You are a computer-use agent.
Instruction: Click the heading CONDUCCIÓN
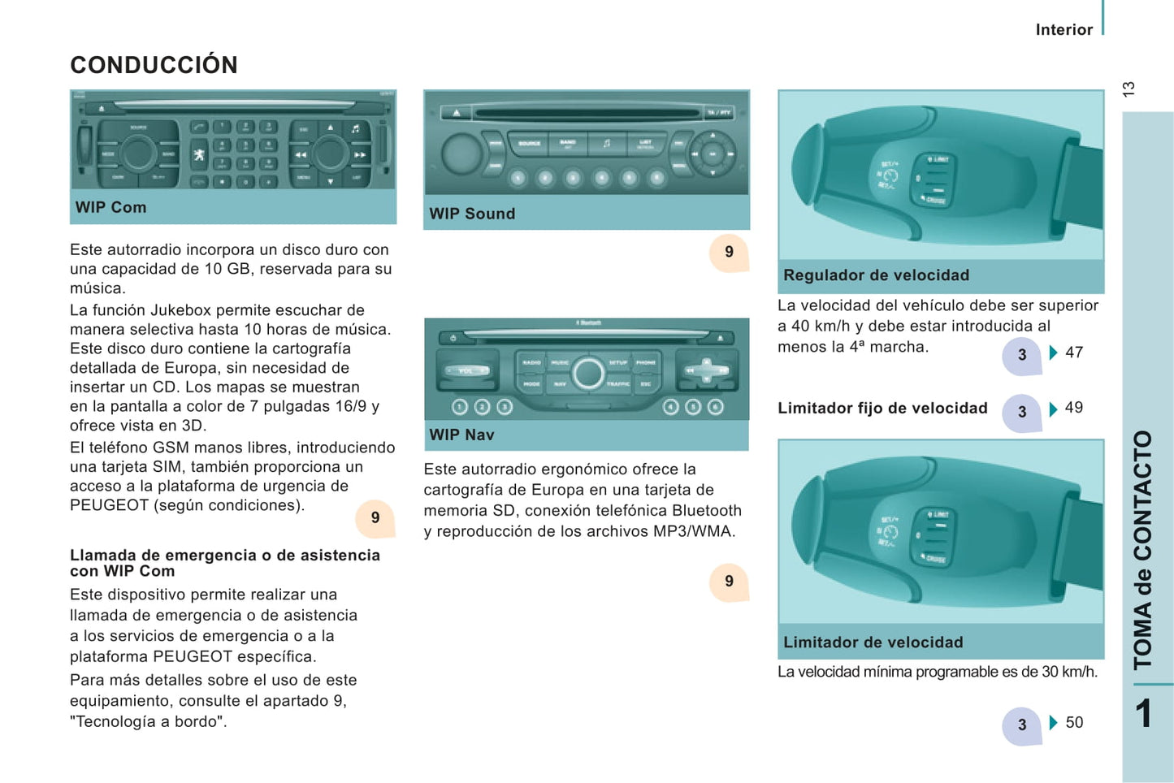click(x=154, y=65)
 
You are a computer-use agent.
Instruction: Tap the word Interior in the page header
click(x=1064, y=30)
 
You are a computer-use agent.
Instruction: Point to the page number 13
click(x=1129, y=89)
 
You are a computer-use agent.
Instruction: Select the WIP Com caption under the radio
click(x=111, y=207)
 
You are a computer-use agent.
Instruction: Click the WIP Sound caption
click(x=472, y=214)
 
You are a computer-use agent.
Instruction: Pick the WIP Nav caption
click(x=461, y=435)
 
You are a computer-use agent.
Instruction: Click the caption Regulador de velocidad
click(x=876, y=275)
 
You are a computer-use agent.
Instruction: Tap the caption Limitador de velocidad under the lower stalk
click(x=873, y=642)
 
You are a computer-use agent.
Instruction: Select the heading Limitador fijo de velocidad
click(x=882, y=408)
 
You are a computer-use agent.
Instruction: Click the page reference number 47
click(x=1074, y=353)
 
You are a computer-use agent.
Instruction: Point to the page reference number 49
click(x=1074, y=408)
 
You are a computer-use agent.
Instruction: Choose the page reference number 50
click(x=1074, y=722)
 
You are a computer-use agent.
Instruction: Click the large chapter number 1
click(x=1144, y=714)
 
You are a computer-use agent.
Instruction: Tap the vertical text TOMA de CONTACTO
click(x=1143, y=549)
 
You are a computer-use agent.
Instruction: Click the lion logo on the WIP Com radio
click(x=199, y=154)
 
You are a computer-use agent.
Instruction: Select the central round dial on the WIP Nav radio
click(x=587, y=374)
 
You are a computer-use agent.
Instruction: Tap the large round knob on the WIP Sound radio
click(x=462, y=152)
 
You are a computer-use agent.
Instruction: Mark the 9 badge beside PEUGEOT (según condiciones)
click(x=375, y=517)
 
